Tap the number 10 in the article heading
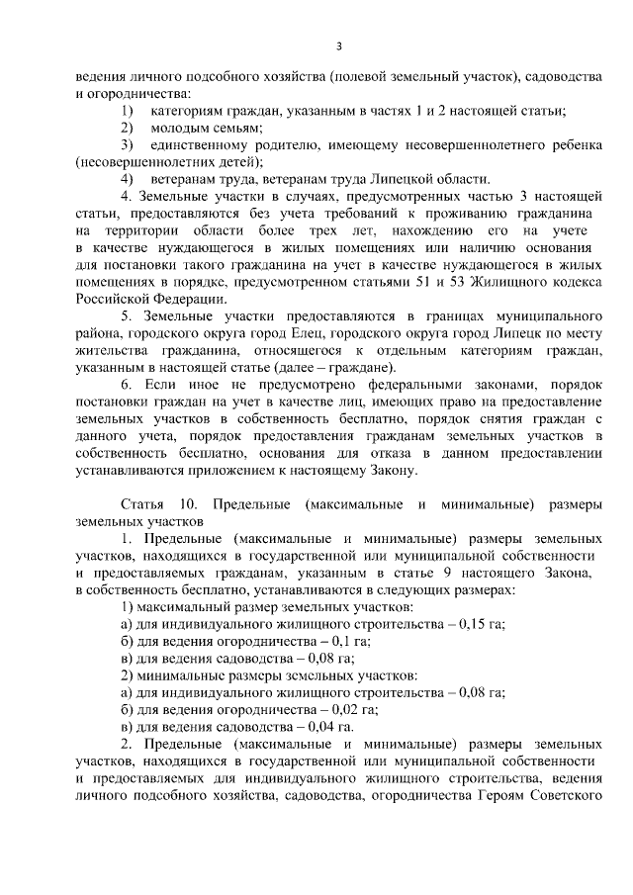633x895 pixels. [x=189, y=504]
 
